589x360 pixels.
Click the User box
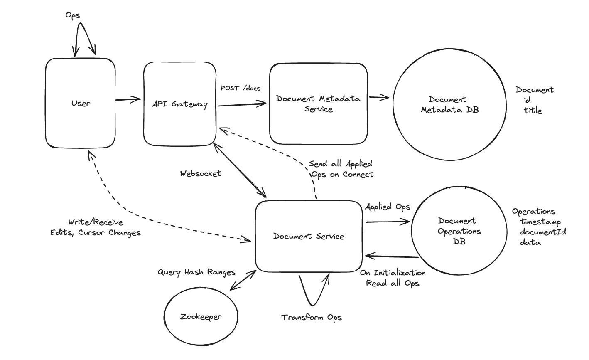pyautogui.click(x=80, y=103)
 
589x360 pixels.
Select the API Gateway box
pyautogui.click(x=179, y=104)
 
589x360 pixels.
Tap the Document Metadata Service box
pyautogui.click(x=318, y=104)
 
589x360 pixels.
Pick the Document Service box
pyautogui.click(x=309, y=236)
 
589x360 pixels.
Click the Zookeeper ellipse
pyautogui.click(x=201, y=317)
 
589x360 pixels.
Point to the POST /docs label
pyautogui.click(x=241, y=88)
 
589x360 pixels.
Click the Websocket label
pyautogui.click(x=201, y=173)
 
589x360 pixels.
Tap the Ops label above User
pyautogui.click(x=73, y=15)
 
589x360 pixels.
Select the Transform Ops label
pyautogui.click(x=311, y=318)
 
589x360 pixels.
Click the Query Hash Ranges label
pyautogui.click(x=196, y=272)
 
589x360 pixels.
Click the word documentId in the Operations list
pyautogui.click(x=543, y=232)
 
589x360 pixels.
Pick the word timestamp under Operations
pyautogui.click(x=540, y=222)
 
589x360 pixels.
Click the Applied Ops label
pyautogui.click(x=387, y=207)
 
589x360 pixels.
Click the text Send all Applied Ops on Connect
pyautogui.click(x=341, y=169)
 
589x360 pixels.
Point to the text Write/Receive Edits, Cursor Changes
pyautogui.click(x=96, y=228)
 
